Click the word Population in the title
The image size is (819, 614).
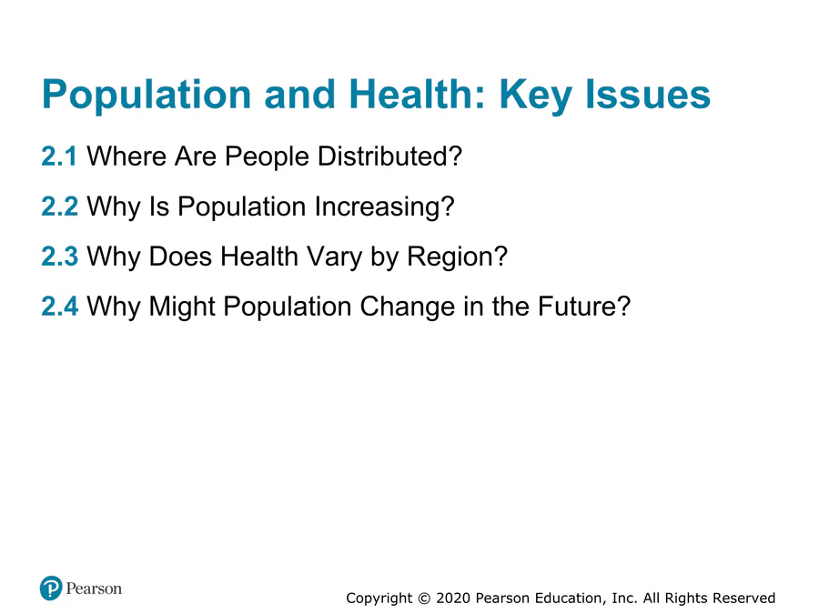[147, 95]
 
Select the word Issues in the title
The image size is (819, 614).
[648, 94]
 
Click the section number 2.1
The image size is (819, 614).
[59, 156]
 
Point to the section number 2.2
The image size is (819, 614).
[59, 206]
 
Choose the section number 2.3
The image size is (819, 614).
[59, 257]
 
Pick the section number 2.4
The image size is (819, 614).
[59, 306]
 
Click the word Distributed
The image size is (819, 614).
[389, 156]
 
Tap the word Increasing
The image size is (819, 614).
[384, 207]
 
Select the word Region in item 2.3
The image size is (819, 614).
[457, 257]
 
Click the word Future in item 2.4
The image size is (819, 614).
[584, 306]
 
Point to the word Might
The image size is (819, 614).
[182, 307]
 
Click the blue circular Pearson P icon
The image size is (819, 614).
[51, 589]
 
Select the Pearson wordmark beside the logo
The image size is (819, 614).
[94, 589]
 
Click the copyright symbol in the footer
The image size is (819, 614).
[424, 598]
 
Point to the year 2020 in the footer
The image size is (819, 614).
[453, 598]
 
